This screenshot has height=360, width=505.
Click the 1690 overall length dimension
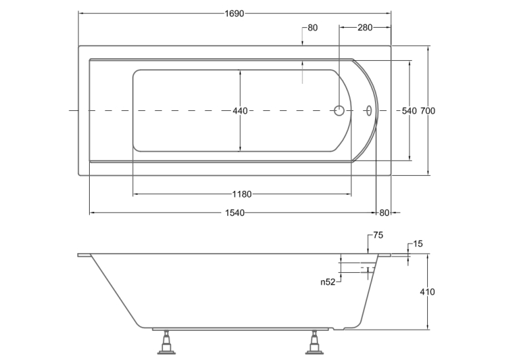tap(234, 13)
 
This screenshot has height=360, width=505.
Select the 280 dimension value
tap(365, 28)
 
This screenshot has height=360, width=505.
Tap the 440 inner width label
tap(240, 111)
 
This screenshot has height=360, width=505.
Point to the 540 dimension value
tap(409, 111)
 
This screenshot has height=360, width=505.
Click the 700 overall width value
tap(428, 111)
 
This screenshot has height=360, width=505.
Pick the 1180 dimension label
tap(242, 194)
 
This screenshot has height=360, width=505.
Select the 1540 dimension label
tap(235, 213)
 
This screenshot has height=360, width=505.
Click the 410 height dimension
tap(427, 292)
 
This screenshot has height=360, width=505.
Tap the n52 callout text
tap(328, 282)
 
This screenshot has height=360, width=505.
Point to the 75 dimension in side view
tap(378, 235)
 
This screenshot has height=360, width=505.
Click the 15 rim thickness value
tap(418, 244)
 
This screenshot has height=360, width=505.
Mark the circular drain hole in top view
tap(339, 110)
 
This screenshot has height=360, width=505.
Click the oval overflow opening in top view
tap(369, 110)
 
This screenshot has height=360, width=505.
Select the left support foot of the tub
tap(166, 343)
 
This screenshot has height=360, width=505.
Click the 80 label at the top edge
tap(313, 28)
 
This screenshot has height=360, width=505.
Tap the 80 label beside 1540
tap(384, 213)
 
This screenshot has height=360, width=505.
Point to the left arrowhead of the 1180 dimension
tap(135, 194)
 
